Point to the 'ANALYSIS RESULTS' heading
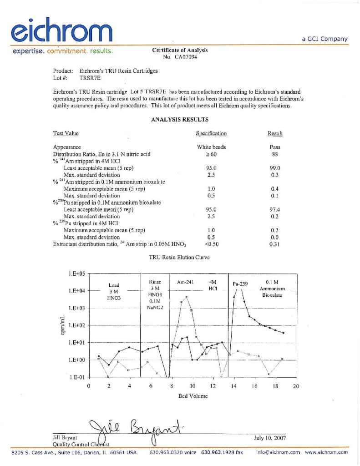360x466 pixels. tap(180, 120)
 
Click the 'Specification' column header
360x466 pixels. tap(211, 133)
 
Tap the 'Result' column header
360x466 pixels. tap(275, 133)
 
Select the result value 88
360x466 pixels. tap(275, 154)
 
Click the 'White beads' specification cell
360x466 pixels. tap(211, 147)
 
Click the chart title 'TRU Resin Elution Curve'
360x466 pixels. tap(179, 257)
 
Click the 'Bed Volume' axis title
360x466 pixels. tap(193, 396)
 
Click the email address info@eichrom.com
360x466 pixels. tap(278, 452)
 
